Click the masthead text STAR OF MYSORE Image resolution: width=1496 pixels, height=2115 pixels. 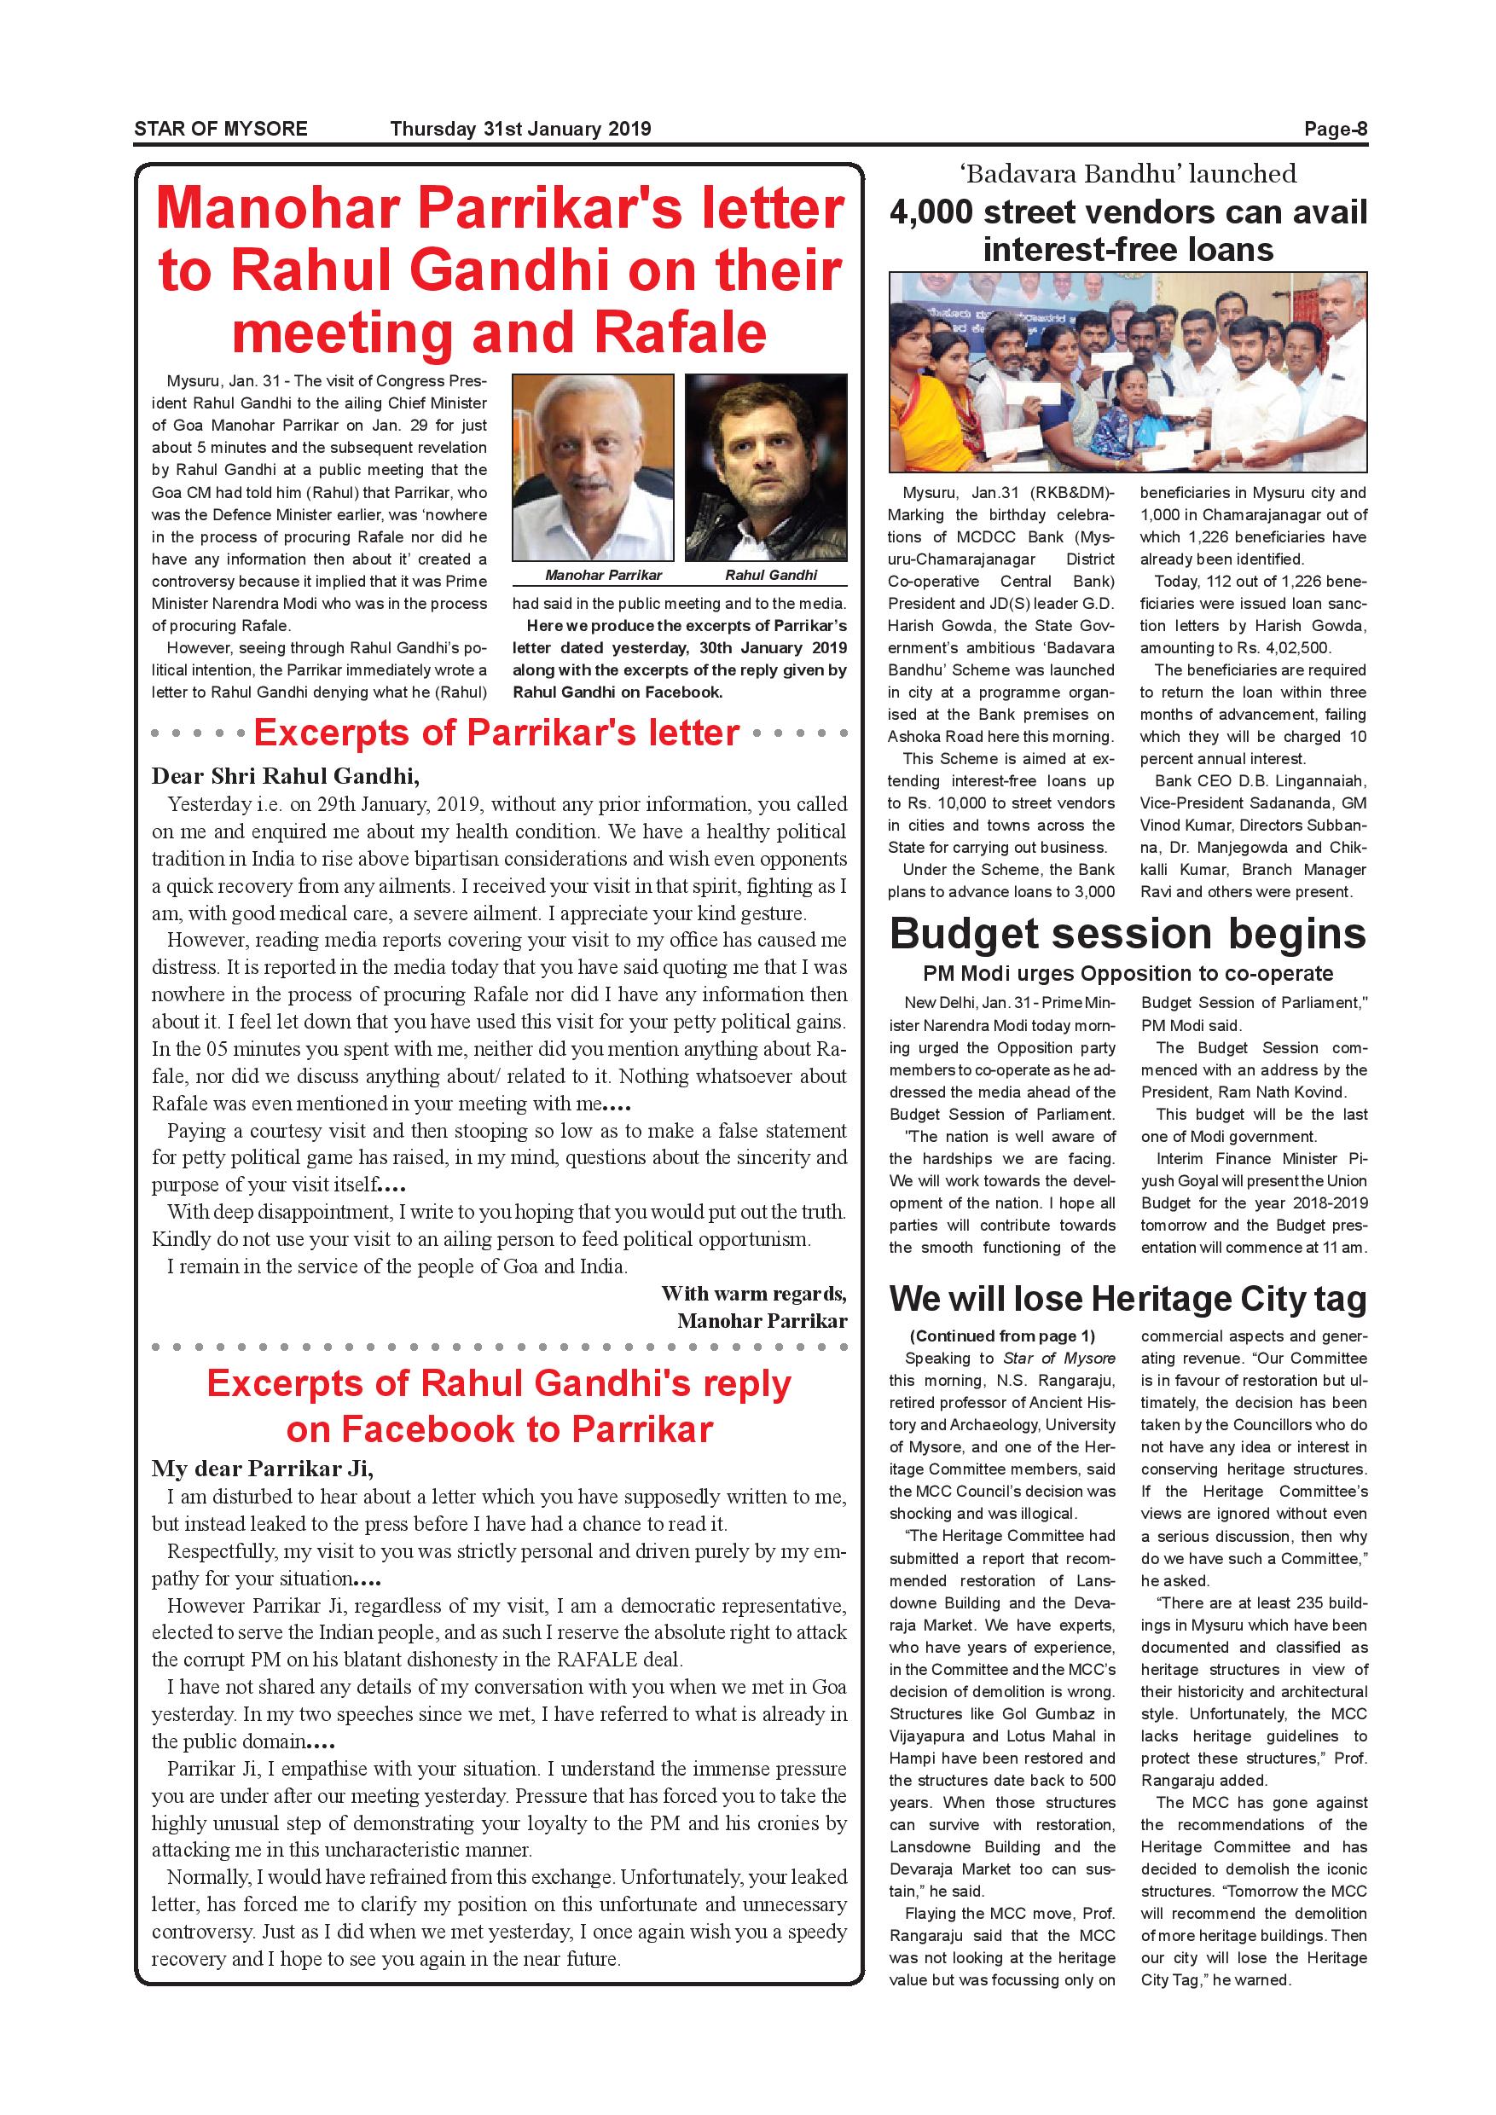(220, 129)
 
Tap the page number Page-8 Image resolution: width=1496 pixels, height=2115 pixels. (1335, 129)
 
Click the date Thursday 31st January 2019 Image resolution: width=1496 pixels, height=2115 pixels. (520, 129)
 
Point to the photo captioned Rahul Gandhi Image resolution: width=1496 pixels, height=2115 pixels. (766, 467)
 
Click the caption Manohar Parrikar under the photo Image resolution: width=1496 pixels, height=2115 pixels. (603, 575)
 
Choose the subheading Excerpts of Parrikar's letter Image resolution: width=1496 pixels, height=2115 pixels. (496, 733)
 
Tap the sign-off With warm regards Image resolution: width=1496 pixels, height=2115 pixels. (753, 1295)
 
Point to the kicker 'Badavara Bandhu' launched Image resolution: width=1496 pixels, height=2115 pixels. (1128, 173)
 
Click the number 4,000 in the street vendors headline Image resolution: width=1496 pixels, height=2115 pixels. (931, 213)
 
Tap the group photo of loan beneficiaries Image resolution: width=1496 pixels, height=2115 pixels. (1128, 372)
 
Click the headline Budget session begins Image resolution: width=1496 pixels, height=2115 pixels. (1128, 934)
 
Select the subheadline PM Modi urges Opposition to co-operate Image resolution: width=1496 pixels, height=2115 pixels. (1128, 974)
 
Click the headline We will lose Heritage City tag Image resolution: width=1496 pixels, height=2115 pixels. (1128, 1299)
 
